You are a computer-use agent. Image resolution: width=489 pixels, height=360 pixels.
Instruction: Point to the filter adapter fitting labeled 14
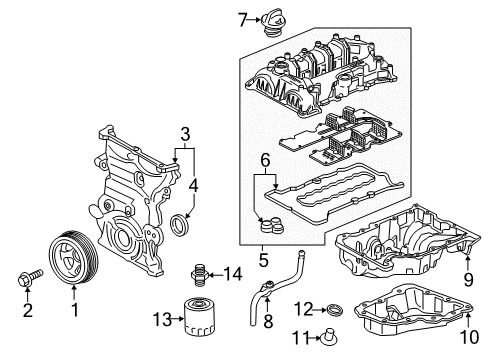(x=200, y=274)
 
